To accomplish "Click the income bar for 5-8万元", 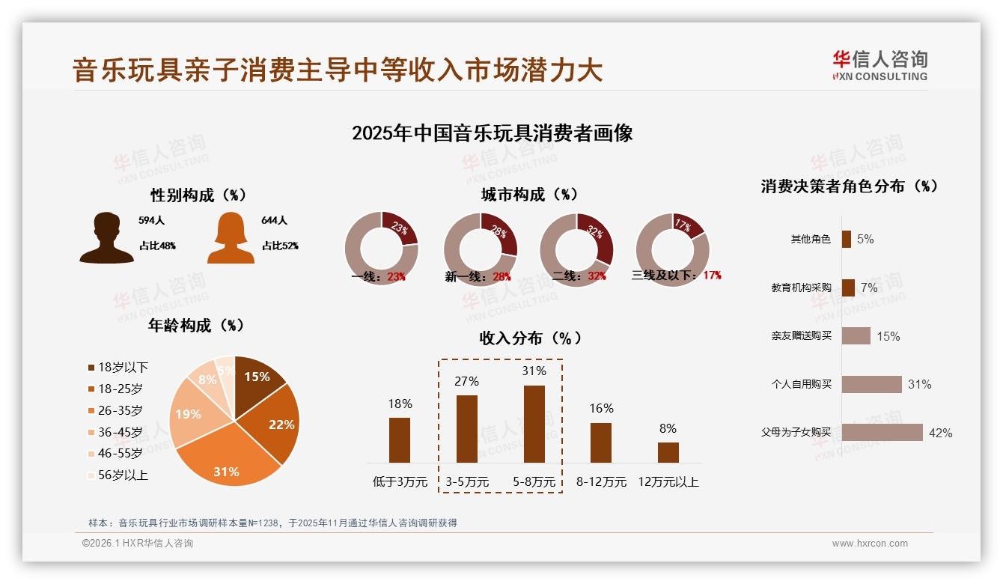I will pos(534,424).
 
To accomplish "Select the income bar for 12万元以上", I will pos(668,452).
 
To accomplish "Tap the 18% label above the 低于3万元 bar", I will pos(400,404).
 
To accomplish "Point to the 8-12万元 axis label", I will pos(601,482).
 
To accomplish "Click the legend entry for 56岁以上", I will pos(118,475).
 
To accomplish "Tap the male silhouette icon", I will pos(107,237).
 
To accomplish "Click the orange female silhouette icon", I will pos(231,237).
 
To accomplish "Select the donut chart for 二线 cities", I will pos(576,249).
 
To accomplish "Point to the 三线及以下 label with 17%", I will pos(676,276).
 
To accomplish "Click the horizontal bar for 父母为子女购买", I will pos(882,433).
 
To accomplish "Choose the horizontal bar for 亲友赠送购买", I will pos(856,336).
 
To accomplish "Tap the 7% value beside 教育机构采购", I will pos(869,288).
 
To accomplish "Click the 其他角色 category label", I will pos(811,240).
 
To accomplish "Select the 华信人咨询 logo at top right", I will pos(879,65).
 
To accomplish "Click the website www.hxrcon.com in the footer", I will pos(870,544).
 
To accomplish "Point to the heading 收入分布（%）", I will pos(530,338).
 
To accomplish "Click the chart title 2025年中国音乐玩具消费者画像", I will pos(492,133).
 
